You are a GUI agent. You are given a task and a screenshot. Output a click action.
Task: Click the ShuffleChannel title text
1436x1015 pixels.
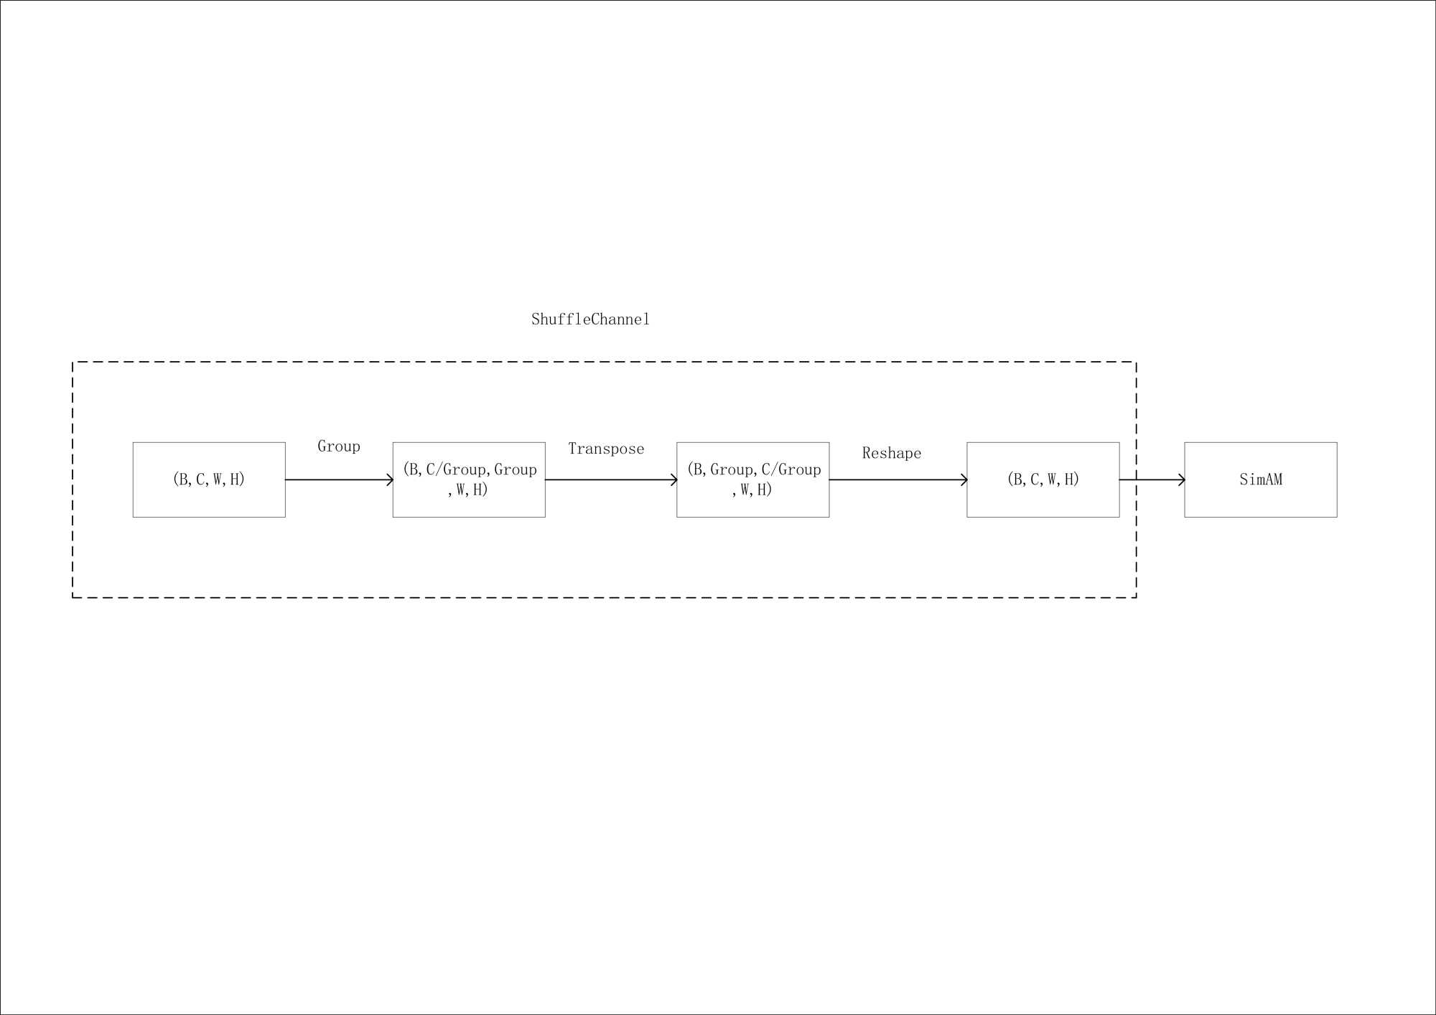590,319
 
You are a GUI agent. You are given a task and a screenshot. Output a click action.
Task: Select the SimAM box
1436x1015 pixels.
1260,480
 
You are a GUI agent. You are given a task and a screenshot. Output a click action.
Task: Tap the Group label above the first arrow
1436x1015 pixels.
339,446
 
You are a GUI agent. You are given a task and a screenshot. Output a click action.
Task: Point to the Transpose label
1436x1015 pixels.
606,449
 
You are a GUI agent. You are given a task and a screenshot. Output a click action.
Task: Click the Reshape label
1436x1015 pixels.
891,454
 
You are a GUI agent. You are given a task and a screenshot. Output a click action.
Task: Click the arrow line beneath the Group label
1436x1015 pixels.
337,480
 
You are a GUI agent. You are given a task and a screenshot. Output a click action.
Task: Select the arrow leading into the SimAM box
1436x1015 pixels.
1149,480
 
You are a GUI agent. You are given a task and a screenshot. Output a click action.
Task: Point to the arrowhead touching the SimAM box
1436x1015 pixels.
1181,480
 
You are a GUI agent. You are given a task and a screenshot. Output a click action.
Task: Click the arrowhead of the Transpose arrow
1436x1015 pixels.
674,480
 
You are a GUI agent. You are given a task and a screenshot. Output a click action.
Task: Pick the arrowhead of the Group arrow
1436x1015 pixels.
390,480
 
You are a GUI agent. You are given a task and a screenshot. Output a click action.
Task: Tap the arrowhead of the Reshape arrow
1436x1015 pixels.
964,480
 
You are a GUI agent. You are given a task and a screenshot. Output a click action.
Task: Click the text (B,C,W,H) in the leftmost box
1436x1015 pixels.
209,480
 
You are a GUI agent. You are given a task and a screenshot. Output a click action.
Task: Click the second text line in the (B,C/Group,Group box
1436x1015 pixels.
468,490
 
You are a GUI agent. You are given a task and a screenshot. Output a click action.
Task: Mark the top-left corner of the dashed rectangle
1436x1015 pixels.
73,362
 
